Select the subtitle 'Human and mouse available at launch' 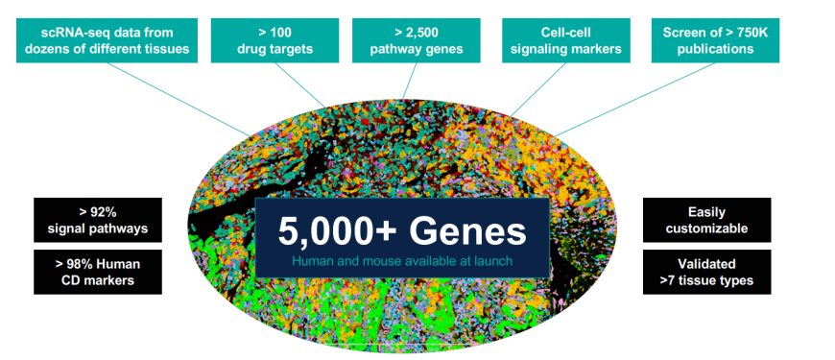402,260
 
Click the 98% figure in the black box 84,263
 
